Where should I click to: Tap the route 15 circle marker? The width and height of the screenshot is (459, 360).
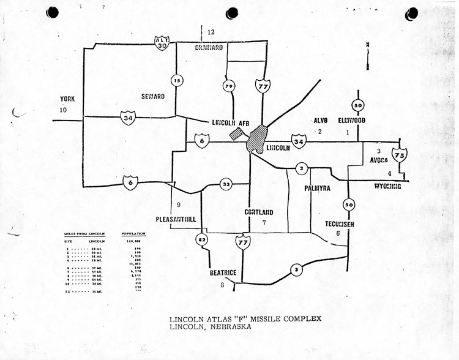pos(176,80)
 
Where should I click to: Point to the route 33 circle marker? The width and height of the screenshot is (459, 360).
pos(226,184)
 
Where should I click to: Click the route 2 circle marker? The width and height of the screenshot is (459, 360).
pos(301,168)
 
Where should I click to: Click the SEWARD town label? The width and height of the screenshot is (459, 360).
pos(152,96)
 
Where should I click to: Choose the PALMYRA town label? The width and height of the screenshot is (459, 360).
pos(317,189)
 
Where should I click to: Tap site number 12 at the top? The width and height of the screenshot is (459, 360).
pos(212,32)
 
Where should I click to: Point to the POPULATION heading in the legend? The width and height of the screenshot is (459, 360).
pos(133,234)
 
